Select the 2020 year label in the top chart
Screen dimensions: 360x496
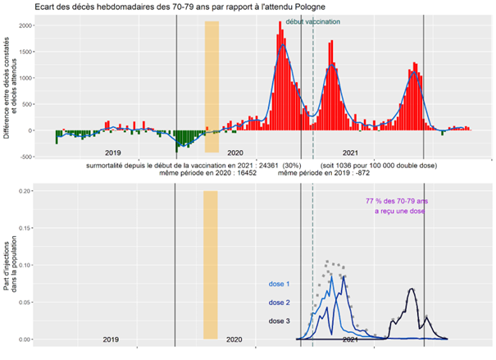tap(235, 153)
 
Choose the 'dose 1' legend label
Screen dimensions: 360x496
tap(279, 285)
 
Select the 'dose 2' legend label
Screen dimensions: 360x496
tap(279, 303)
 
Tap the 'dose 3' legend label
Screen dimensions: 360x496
tap(279, 321)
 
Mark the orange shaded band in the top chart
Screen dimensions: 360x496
tap(212, 86)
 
